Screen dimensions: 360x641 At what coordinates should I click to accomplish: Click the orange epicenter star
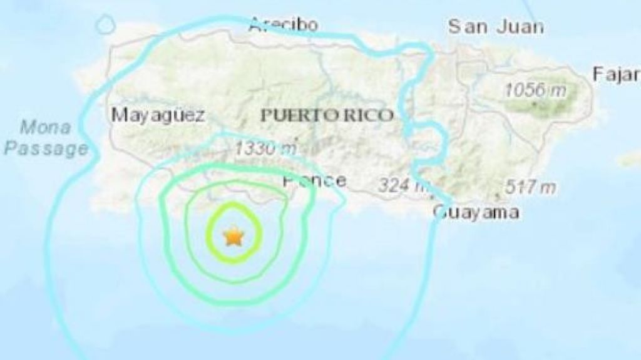click(x=233, y=237)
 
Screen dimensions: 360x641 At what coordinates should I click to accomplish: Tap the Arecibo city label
click(x=283, y=25)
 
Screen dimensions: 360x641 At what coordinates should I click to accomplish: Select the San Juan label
click(x=495, y=27)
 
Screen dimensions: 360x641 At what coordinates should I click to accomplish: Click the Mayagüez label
click(x=158, y=115)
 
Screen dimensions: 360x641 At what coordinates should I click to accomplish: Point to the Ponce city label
click(x=314, y=181)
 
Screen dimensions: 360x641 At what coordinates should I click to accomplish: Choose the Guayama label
click(x=476, y=213)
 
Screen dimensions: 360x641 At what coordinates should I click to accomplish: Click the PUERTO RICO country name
click(x=327, y=116)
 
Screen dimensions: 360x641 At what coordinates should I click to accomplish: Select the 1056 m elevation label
click(x=535, y=90)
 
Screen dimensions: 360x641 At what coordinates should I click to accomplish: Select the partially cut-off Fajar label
click(x=616, y=74)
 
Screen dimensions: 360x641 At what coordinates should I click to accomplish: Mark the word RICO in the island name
click(x=369, y=116)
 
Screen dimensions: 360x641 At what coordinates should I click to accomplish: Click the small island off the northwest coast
click(x=105, y=24)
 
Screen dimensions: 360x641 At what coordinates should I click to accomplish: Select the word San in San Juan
click(x=464, y=27)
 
